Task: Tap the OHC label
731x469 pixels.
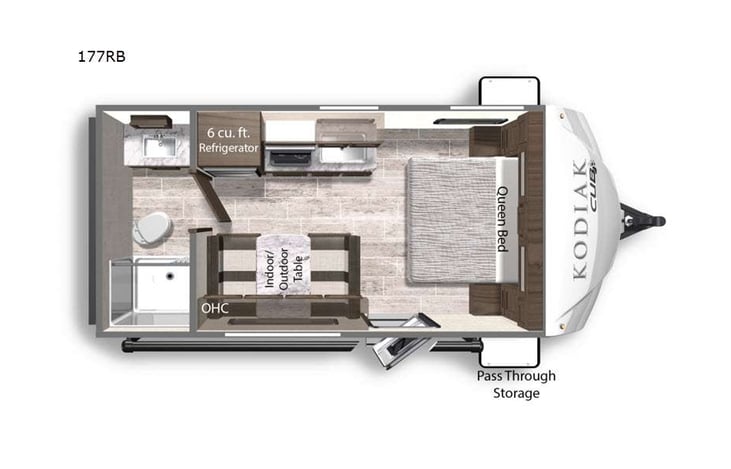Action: point(215,308)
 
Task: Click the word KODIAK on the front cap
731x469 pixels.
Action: point(579,219)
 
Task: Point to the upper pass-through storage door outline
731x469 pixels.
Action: point(511,90)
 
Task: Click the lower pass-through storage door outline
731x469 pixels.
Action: point(511,350)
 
